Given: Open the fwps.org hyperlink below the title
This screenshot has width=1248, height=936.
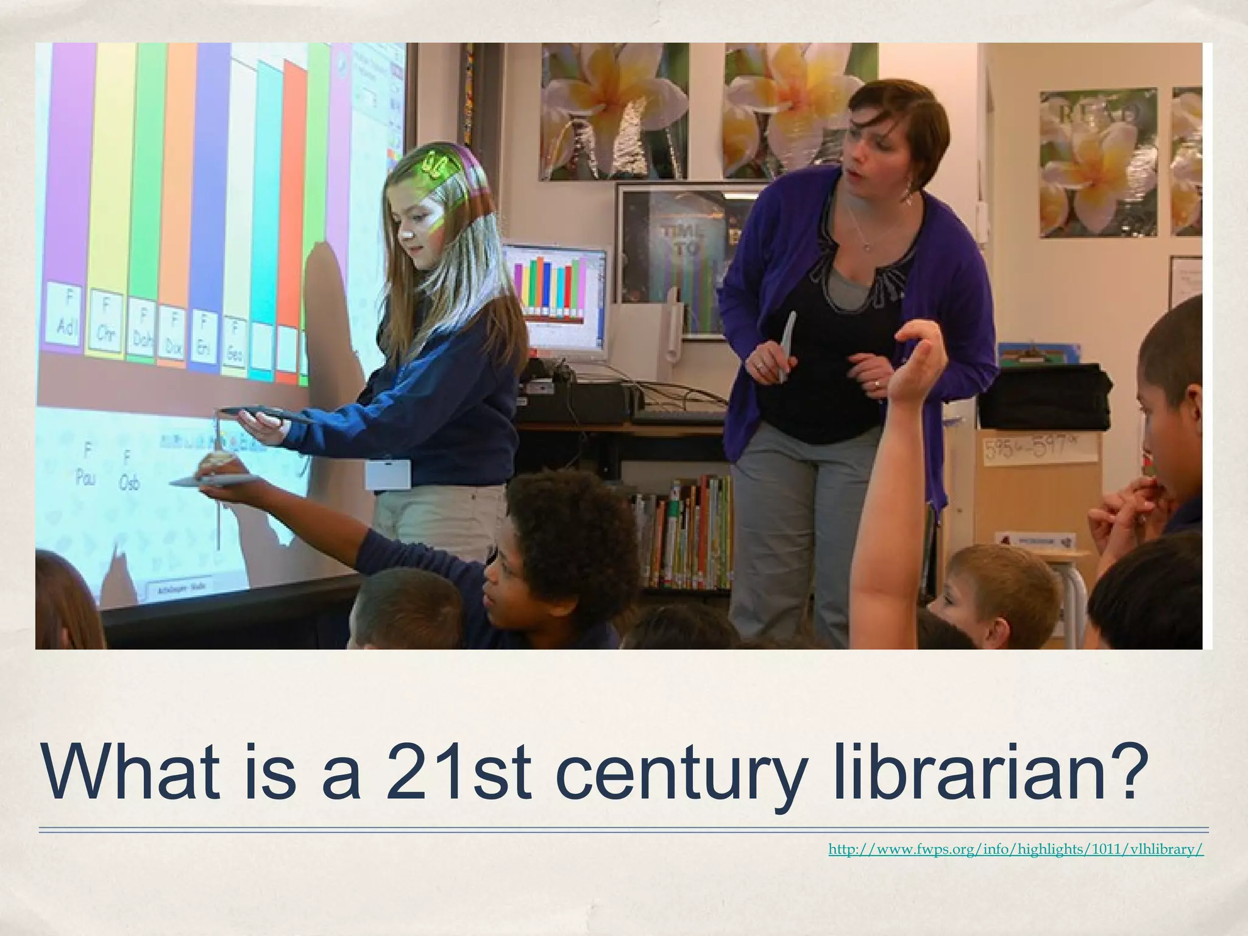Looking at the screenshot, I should pos(1016,849).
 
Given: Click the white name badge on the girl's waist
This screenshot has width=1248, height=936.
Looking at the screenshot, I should pos(388,475).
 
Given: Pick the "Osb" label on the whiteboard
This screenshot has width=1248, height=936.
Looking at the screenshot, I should pos(129,472).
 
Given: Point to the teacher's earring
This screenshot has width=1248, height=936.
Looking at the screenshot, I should pos(909,190).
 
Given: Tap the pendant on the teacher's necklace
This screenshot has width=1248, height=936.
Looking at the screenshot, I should pos(868,247).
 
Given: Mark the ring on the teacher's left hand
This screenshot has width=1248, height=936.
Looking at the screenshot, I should pos(876,383).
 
